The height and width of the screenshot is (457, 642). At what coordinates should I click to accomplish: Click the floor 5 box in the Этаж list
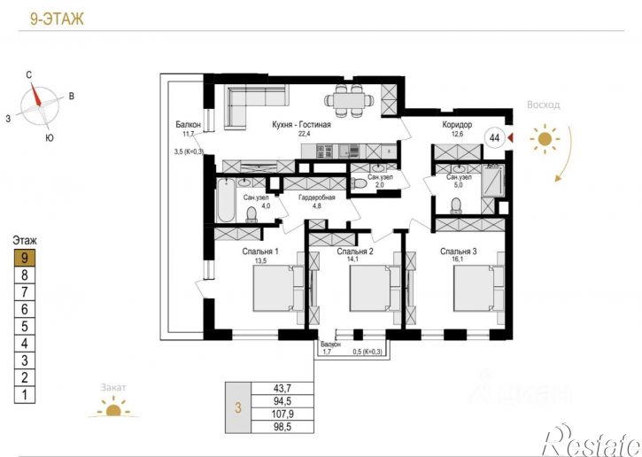click(25, 327)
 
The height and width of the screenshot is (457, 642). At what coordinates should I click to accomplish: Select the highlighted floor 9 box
click(25, 258)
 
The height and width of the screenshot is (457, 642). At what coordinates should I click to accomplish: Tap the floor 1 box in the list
click(25, 395)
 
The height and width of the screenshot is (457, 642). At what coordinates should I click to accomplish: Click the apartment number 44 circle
click(495, 138)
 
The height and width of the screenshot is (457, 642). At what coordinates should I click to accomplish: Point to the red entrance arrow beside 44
click(510, 138)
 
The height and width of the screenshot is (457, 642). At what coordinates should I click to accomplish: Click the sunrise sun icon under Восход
click(544, 139)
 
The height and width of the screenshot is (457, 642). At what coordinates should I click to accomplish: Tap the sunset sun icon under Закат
click(113, 408)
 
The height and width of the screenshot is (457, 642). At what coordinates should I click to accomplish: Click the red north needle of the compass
click(36, 94)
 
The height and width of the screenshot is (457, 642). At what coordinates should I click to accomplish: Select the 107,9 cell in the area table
click(282, 414)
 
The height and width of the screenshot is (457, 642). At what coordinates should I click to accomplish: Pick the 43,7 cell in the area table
click(282, 388)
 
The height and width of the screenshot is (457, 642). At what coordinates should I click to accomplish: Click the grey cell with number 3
click(238, 407)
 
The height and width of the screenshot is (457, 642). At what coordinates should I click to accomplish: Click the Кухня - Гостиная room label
click(301, 125)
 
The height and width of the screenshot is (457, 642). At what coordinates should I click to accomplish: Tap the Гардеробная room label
click(317, 198)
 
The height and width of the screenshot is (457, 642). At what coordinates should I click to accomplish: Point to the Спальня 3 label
click(459, 252)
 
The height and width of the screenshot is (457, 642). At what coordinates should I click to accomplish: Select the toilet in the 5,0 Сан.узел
click(456, 205)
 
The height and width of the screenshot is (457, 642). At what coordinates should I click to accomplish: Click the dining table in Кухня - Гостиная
click(349, 99)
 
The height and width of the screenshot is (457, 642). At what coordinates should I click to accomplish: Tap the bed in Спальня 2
click(375, 289)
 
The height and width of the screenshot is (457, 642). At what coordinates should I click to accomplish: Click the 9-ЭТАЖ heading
click(57, 19)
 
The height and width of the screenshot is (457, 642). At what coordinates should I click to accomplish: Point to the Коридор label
click(457, 125)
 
